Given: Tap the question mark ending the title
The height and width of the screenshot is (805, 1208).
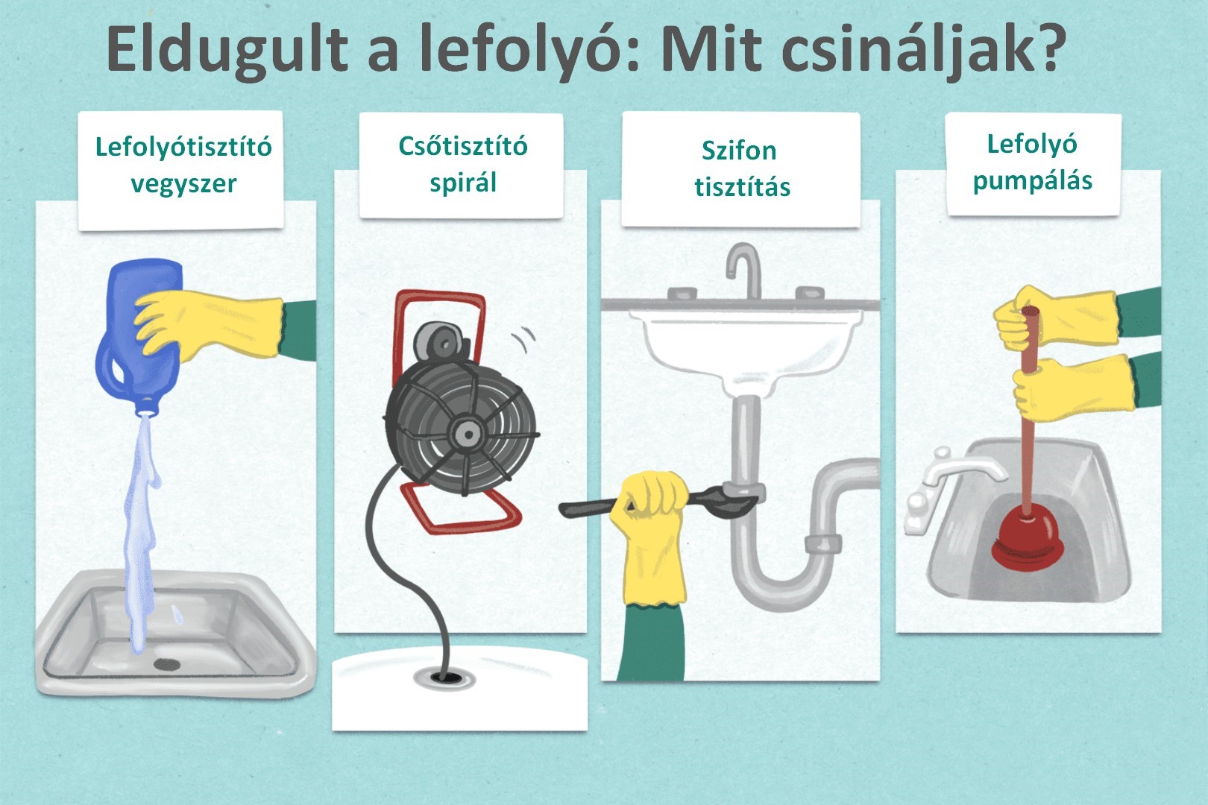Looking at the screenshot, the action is (x=1049, y=48).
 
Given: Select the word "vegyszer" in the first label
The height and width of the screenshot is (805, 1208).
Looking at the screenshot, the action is (x=184, y=184).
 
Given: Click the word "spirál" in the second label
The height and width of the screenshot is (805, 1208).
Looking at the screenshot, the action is (x=463, y=183).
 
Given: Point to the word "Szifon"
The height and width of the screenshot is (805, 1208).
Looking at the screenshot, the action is (x=739, y=151).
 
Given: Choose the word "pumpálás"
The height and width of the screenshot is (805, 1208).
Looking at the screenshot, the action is (x=1032, y=180).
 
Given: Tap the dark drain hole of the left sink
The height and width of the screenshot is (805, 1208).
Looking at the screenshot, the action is (x=166, y=664).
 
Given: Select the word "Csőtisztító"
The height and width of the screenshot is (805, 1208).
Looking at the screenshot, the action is (x=463, y=146).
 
